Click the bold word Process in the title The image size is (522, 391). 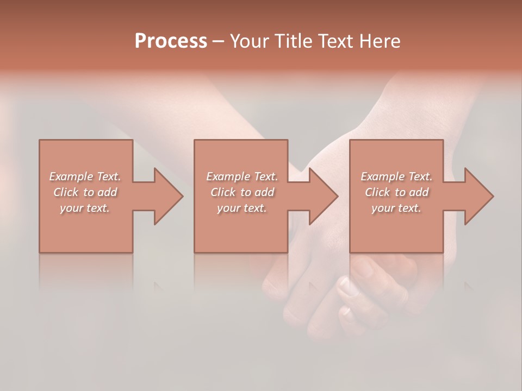(x=171, y=41)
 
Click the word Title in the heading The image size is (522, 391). (x=294, y=41)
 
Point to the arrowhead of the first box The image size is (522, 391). (x=168, y=196)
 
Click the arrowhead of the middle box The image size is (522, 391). (x=323, y=196)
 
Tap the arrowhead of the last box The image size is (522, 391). (x=478, y=196)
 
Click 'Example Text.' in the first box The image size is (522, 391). (x=85, y=176)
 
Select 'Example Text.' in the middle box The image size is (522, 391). (x=242, y=176)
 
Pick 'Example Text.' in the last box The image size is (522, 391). (x=396, y=176)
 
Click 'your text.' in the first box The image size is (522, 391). (x=85, y=208)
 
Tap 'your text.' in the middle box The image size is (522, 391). (x=242, y=208)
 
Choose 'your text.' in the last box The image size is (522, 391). (x=396, y=208)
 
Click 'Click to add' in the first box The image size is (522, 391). (x=85, y=192)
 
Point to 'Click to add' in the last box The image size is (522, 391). (x=397, y=192)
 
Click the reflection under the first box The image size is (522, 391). (x=86, y=272)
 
